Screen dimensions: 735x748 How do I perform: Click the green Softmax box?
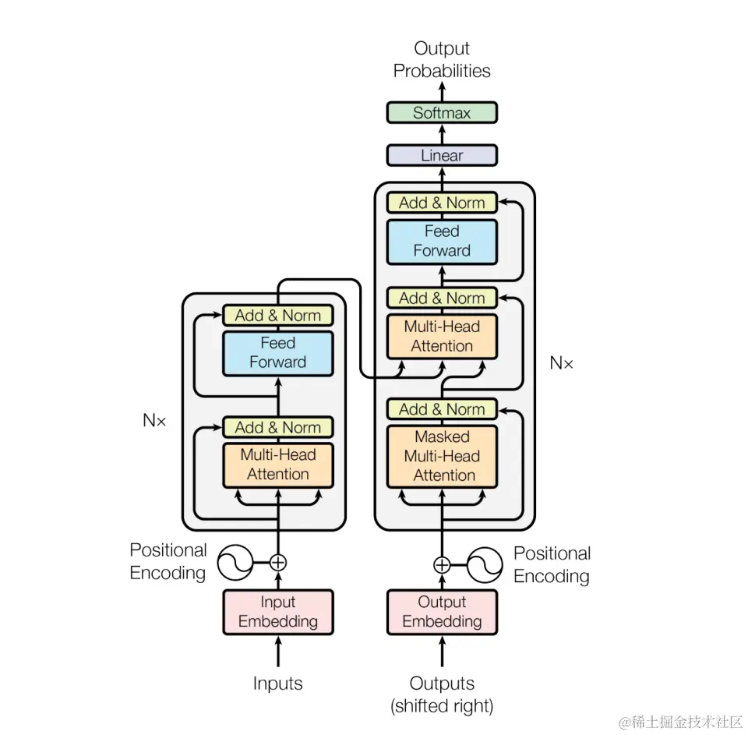coord(442,113)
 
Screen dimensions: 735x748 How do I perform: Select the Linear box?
coord(442,155)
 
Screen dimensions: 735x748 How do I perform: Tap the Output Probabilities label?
coord(442,60)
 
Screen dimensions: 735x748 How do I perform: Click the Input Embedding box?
coord(278,612)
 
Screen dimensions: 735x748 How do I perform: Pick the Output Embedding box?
coord(442,612)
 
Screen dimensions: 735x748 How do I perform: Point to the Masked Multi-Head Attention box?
coord(442,456)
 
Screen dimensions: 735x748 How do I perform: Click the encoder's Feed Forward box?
coord(278,352)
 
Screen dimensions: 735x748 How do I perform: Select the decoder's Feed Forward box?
coord(442,241)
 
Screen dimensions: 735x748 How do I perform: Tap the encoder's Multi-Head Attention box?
coord(278,465)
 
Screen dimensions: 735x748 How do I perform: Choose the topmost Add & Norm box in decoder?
coord(442,203)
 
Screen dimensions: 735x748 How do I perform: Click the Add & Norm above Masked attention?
coord(442,409)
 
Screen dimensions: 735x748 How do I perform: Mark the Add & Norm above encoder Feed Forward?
coord(278,316)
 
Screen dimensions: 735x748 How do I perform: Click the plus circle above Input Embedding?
coord(278,561)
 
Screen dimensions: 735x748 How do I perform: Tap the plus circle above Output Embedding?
coord(442,565)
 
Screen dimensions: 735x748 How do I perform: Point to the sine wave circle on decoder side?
coord(484,565)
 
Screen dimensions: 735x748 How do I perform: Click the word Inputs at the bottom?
coord(277,684)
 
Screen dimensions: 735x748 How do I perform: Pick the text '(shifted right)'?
coord(442,706)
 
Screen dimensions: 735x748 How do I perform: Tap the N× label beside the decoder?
coord(561,362)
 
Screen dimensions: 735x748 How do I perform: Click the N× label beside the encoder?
coord(154,420)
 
